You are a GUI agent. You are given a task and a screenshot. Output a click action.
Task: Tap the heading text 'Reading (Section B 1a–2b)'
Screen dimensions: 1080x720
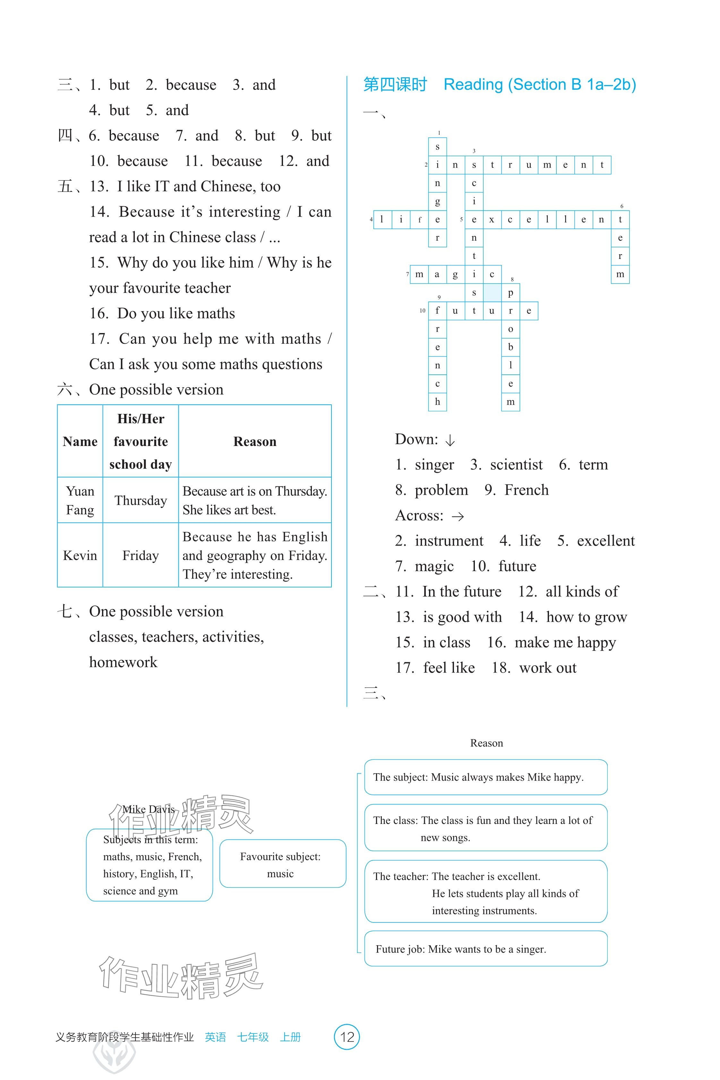(540, 85)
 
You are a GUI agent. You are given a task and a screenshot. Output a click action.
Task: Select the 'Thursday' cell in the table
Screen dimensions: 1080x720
(141, 501)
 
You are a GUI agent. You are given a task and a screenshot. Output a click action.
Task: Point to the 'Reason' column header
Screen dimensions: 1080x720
(255, 442)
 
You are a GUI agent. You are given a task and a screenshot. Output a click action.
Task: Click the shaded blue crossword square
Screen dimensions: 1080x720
(492, 293)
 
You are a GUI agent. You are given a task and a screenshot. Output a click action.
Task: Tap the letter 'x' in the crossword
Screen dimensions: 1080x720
(492, 219)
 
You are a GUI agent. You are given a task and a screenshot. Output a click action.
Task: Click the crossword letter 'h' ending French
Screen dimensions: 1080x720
(438, 402)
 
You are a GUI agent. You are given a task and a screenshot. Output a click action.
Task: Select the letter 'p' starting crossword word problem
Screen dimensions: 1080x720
(510, 293)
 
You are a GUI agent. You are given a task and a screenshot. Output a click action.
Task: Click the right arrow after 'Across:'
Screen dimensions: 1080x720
(458, 517)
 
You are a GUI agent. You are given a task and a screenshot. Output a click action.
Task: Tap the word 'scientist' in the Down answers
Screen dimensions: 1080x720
(516, 465)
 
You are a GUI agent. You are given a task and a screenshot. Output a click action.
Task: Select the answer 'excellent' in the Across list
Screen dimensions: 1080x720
(606, 541)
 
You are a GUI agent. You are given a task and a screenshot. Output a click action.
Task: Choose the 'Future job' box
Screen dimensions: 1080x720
(486, 949)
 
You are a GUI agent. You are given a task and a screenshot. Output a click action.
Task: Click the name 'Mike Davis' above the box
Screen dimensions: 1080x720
(148, 810)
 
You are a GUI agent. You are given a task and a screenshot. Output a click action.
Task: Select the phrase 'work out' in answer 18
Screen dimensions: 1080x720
(548, 668)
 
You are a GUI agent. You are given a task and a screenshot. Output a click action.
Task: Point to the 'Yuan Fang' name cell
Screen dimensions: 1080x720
(80, 501)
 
